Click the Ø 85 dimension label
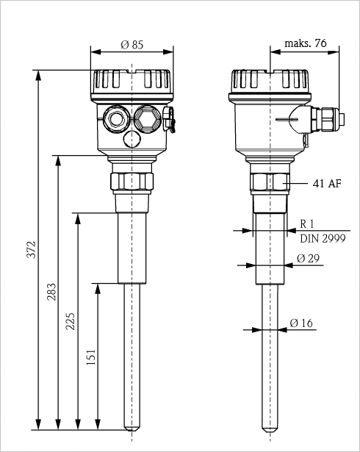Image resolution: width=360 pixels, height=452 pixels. (132, 45)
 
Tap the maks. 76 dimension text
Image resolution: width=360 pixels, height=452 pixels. (306, 43)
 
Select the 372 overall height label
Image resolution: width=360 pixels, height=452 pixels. (31, 250)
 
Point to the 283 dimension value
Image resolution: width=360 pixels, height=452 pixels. (52, 292)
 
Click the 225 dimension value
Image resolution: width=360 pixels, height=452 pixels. (70, 321)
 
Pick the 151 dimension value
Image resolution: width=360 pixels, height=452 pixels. (91, 357)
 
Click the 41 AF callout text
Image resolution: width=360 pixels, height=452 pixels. (327, 183)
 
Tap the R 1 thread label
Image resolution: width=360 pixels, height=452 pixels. (306, 223)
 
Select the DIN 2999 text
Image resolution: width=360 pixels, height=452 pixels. (323, 238)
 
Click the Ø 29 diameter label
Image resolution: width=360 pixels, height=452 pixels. (308, 258)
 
